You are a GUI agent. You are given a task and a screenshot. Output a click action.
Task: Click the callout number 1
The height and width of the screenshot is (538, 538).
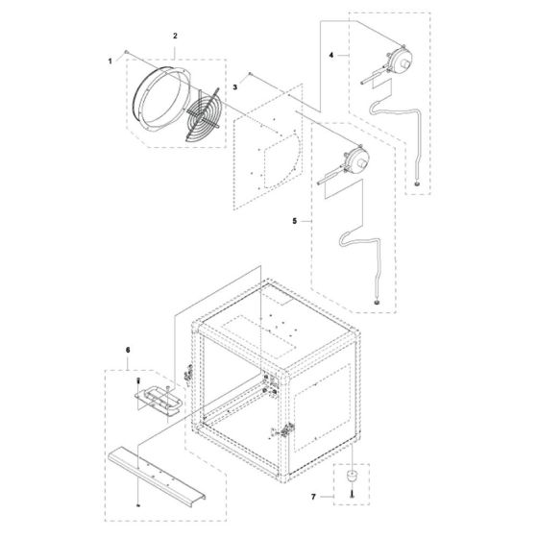(110, 61)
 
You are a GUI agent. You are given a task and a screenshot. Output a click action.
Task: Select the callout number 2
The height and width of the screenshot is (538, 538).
(175, 36)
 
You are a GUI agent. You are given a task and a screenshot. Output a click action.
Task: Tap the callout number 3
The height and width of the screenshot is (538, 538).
(233, 87)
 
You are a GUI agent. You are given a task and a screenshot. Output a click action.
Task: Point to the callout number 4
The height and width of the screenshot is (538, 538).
(331, 57)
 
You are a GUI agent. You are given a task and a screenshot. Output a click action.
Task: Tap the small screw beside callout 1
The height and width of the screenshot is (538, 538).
(127, 49)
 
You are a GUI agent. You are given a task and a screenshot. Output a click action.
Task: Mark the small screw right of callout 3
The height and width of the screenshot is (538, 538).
(250, 74)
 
